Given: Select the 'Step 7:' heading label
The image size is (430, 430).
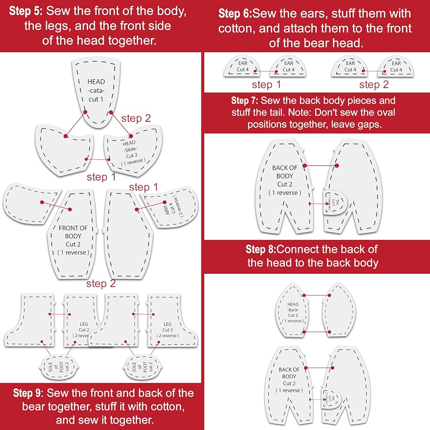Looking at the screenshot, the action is click(244, 101).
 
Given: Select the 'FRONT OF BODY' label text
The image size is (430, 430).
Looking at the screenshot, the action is click(74, 232).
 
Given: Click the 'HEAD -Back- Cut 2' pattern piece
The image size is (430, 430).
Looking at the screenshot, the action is click(293, 313).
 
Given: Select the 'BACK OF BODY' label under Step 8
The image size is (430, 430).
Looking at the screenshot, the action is click(289, 373).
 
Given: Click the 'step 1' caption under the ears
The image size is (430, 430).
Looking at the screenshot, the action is click(266, 85).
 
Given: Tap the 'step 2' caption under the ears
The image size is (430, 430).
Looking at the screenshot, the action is click(374, 85).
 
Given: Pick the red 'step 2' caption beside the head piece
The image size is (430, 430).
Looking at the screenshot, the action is click(136, 118).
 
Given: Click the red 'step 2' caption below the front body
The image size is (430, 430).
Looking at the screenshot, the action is click(101, 284).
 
